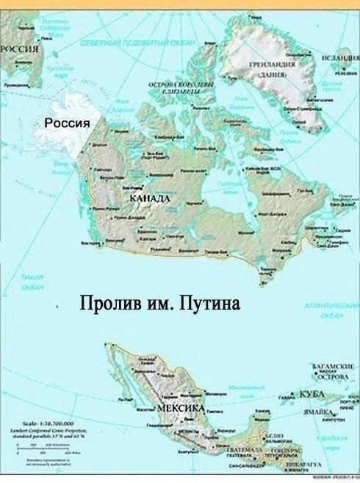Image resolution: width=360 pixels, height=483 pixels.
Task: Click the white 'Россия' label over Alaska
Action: (67, 123)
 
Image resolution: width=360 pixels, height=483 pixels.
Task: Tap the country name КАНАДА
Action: (149, 199)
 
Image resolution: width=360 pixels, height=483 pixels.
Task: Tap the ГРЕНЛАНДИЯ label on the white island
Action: (272, 65)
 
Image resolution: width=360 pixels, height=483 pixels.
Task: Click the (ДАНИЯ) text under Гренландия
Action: (272, 74)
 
